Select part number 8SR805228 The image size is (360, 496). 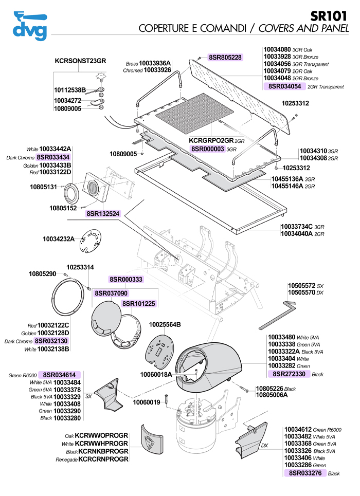click(x=225, y=57)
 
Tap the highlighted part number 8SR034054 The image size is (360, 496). click(x=284, y=87)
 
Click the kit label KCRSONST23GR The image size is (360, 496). click(x=80, y=61)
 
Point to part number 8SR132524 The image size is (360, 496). click(x=103, y=213)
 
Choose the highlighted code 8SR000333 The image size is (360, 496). click(x=126, y=280)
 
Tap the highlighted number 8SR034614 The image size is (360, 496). click(x=59, y=375)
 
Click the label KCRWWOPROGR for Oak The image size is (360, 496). click(x=101, y=435)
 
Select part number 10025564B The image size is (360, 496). click(x=165, y=325)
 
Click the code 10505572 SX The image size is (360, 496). click(x=301, y=285)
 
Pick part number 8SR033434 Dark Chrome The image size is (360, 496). click(x=53, y=157)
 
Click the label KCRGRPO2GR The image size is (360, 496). click(x=211, y=140)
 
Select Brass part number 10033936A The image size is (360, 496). click(x=155, y=63)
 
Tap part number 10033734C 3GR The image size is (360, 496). click(x=297, y=226)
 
